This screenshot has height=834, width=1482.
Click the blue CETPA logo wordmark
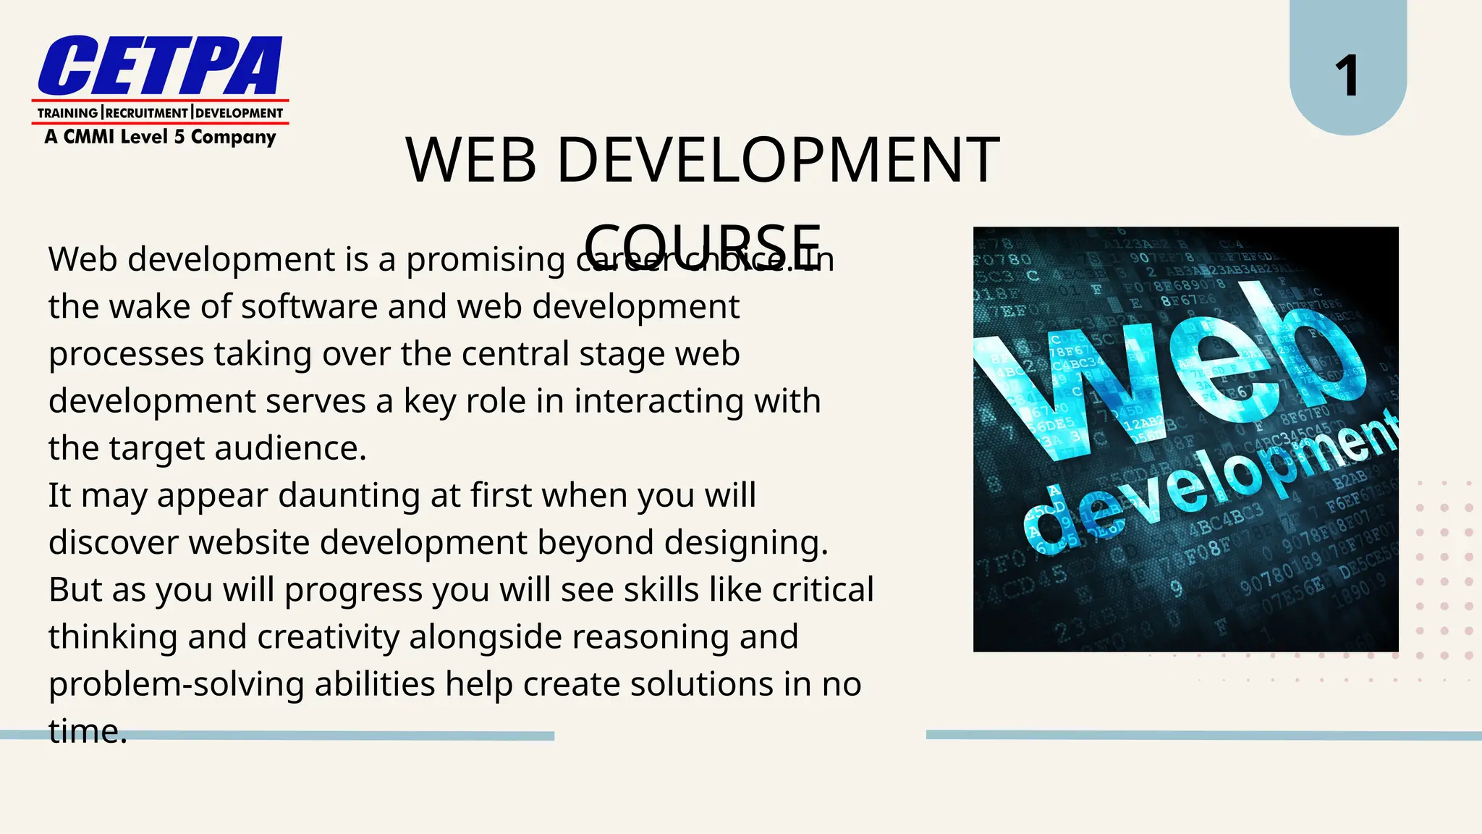(160, 66)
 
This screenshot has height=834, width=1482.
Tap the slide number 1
(1347, 75)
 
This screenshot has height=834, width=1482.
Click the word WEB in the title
(471, 160)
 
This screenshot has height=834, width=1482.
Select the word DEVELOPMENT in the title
(778, 160)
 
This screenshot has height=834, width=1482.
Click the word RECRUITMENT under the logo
(147, 113)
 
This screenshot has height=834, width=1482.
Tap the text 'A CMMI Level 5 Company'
(160, 137)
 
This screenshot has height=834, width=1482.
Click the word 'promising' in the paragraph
(486, 260)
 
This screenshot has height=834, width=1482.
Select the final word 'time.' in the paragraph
(88, 731)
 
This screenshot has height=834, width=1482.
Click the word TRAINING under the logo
(67, 113)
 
